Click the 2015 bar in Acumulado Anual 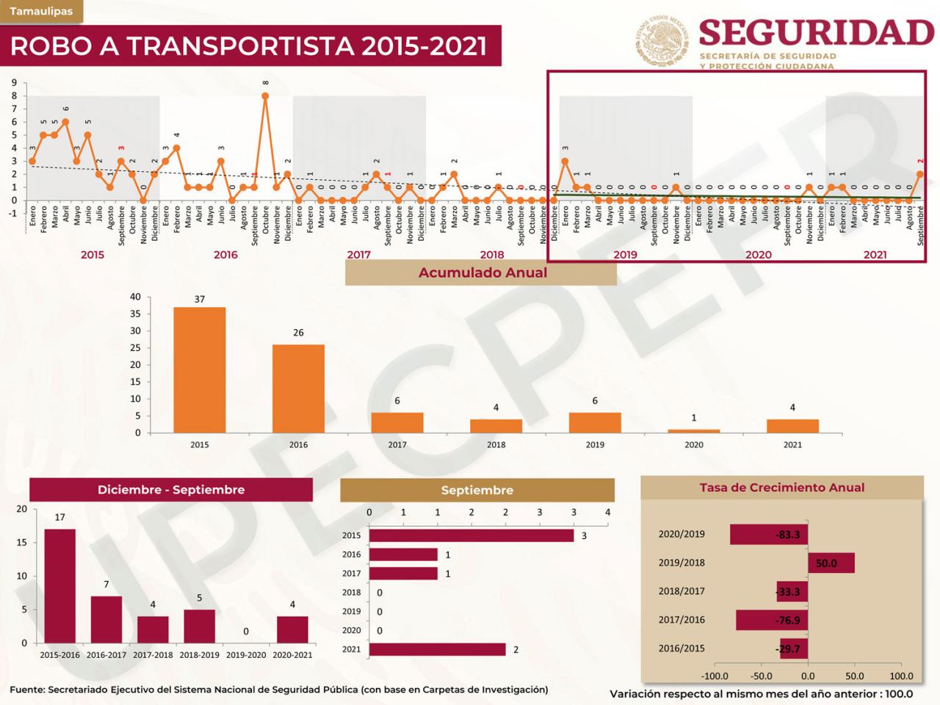(199, 369)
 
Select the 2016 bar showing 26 (298, 388)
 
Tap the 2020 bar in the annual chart (694, 431)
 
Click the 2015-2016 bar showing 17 (59, 585)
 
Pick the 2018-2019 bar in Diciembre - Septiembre (199, 626)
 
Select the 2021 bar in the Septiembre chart (437, 649)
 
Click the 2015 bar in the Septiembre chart (471, 535)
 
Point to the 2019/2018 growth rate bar (831, 563)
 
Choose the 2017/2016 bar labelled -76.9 (772, 620)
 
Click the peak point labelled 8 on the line (265, 95)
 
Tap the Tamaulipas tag (41, 11)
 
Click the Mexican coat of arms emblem (662, 40)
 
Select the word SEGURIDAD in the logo (816, 32)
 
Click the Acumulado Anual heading (482, 272)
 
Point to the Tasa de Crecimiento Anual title (781, 487)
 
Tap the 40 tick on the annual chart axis (135, 297)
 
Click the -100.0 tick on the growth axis (715, 676)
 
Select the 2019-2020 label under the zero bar (245, 654)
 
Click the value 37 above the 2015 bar (200, 299)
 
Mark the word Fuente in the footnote (26, 690)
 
